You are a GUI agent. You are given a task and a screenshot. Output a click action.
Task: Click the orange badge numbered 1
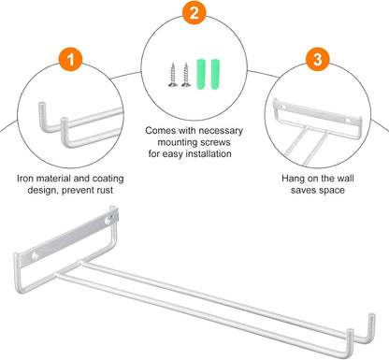click(x=71, y=60)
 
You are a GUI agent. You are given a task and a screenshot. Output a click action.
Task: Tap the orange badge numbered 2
click(x=194, y=13)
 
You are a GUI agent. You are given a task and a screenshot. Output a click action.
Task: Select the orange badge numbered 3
click(x=317, y=59)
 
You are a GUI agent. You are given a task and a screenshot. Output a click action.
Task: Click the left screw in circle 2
click(x=173, y=75)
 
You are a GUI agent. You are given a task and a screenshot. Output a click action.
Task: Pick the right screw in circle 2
click(x=186, y=75)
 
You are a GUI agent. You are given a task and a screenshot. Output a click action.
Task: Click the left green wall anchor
click(x=201, y=74)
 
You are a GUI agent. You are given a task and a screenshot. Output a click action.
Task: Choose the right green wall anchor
click(x=215, y=74)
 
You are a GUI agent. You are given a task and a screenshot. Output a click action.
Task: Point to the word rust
click(x=104, y=190)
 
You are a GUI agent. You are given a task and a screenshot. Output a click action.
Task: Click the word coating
click(x=108, y=180)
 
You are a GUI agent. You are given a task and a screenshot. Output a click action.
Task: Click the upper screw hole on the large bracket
click(x=108, y=221)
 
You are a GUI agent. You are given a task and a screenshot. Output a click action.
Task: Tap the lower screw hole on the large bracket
click(x=35, y=256)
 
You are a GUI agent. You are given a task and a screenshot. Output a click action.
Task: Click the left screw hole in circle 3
click(x=283, y=107)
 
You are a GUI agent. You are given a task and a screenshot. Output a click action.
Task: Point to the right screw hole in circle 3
click(x=348, y=120)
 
